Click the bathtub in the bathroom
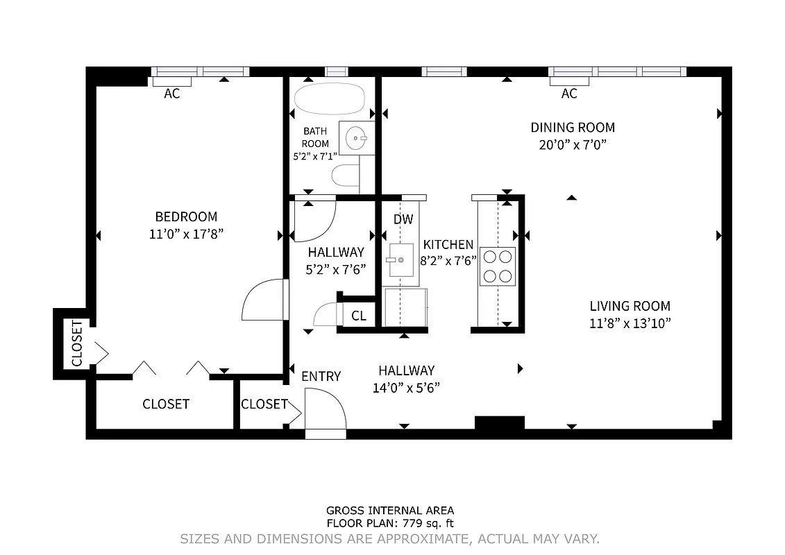(x=329, y=99)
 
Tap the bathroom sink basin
(x=357, y=138)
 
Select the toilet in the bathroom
(x=346, y=177)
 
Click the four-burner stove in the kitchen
(x=497, y=266)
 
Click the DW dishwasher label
(x=403, y=219)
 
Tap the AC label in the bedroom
(x=172, y=94)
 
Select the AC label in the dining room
(x=569, y=94)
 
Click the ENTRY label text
(x=321, y=376)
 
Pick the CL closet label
(x=359, y=316)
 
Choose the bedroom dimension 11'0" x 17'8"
(x=186, y=234)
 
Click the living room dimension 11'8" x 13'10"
(x=630, y=323)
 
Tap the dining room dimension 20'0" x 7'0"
(x=573, y=145)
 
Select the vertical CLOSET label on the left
(x=76, y=343)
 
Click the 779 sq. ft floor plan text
(x=390, y=524)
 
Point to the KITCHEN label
(x=448, y=244)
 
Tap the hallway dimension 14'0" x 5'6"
(x=406, y=387)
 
